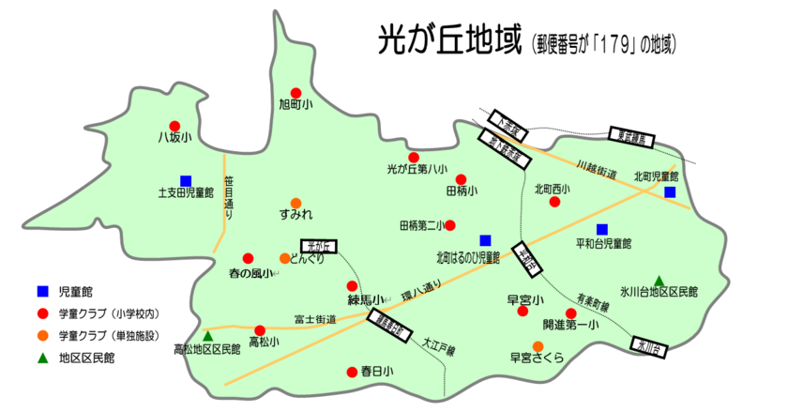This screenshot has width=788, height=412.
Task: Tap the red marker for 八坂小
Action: tap(174, 126)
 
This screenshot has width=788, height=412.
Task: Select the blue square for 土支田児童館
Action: tap(186, 180)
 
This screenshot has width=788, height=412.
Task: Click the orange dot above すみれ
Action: tap(295, 203)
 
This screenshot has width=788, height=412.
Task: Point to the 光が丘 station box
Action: tap(322, 246)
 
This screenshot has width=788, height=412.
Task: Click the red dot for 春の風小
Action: tap(248, 258)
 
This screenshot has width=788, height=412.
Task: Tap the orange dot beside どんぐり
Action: tap(284, 258)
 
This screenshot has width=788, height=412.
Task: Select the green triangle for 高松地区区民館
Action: tap(208, 335)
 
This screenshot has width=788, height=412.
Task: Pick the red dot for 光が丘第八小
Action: tap(413, 157)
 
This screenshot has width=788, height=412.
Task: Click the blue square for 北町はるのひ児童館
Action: tap(485, 239)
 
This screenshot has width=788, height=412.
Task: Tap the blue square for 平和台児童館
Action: tap(602, 229)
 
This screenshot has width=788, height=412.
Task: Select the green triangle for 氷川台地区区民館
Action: tap(659, 280)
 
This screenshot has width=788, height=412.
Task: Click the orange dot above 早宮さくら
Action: tap(538, 345)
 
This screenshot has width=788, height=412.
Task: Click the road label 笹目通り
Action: tap(228, 197)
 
